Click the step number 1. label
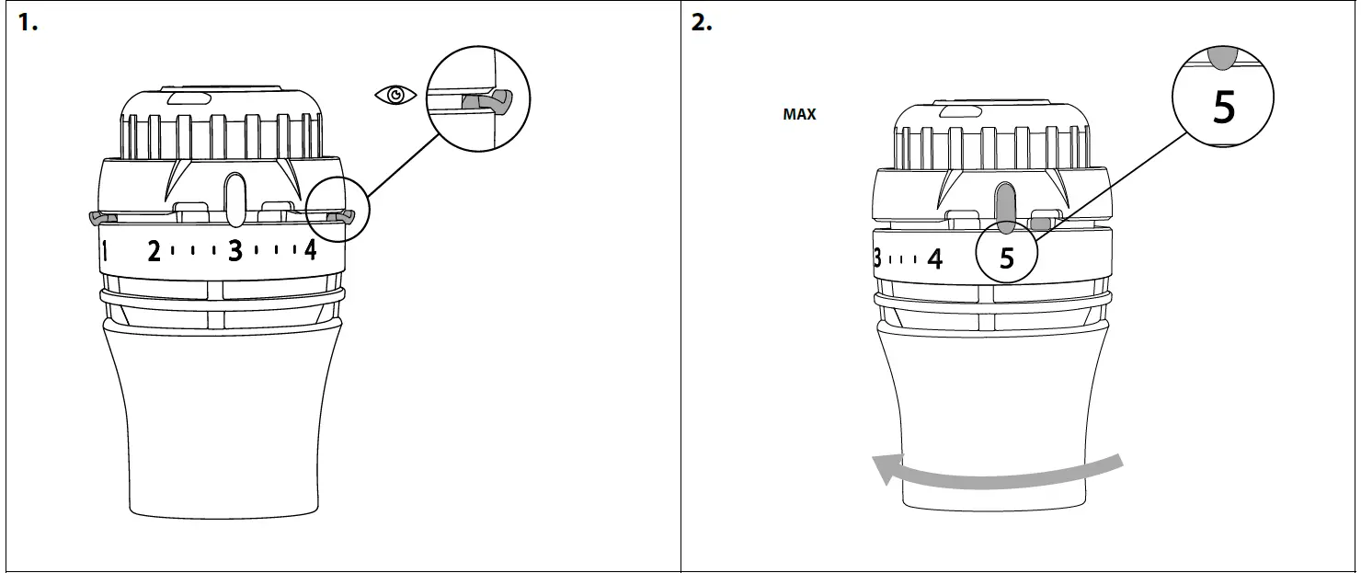point(29,24)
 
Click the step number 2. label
point(702,24)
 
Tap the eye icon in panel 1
point(396,96)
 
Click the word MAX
point(799,115)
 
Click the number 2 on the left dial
point(154,250)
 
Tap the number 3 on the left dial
point(235,250)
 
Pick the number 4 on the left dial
point(311,249)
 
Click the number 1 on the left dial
point(106,251)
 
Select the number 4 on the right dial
point(935,258)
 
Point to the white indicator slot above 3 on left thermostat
point(234,197)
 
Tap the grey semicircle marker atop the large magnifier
point(1222,58)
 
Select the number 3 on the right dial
point(877,258)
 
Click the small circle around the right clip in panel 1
point(338,212)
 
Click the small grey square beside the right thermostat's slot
point(1043,222)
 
